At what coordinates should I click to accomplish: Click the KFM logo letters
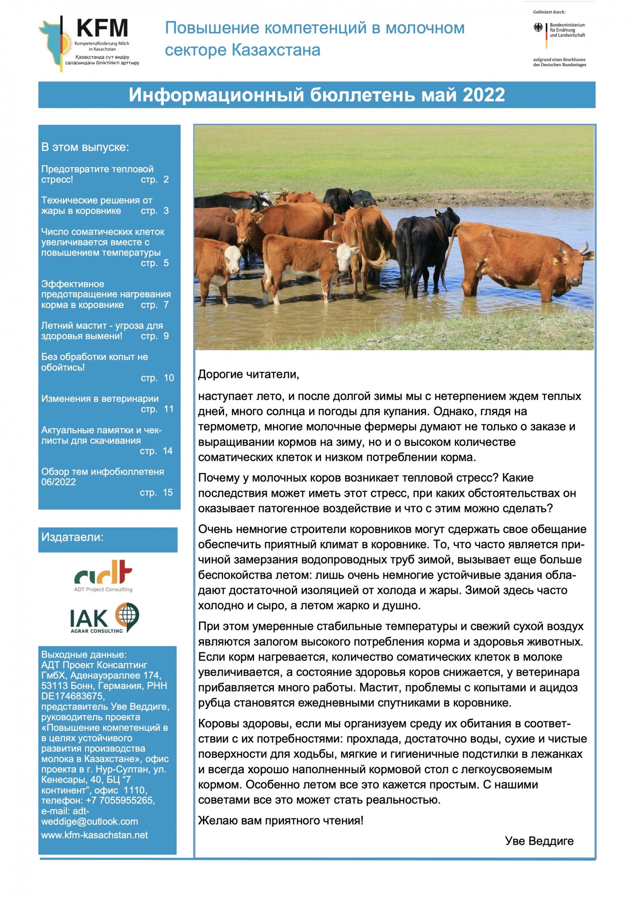pos(102,28)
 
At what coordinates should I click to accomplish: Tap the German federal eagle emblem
pos(538,27)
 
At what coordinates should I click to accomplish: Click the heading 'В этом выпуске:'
pos(85,147)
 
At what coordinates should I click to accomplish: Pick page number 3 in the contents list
pos(166,211)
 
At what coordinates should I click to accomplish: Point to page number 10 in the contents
pos(169,378)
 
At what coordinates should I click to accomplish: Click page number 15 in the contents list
pos(168,492)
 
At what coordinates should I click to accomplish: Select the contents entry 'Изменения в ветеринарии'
pos(100,399)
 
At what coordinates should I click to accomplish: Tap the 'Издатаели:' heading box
pos(108,539)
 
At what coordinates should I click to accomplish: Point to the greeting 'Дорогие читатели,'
pos(248,374)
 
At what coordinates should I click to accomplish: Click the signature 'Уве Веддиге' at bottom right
pos(539,841)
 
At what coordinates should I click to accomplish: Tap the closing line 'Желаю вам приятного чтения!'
pos(281,820)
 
